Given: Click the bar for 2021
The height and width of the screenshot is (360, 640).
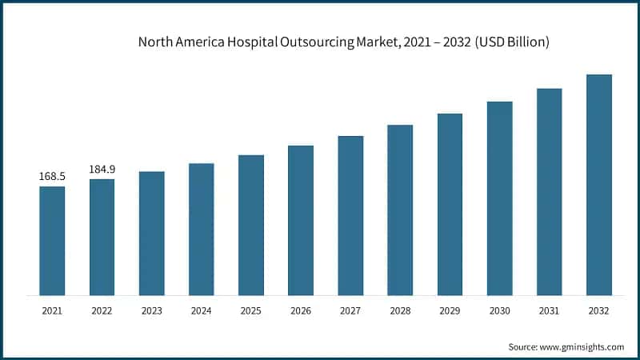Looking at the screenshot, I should [x=52, y=241].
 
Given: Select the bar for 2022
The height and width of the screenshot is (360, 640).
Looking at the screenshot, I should [x=102, y=237].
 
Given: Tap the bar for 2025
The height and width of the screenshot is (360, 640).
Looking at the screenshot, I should [x=251, y=225].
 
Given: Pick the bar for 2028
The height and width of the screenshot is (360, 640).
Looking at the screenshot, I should [x=400, y=210].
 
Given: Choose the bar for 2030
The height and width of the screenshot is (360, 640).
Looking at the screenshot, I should [x=499, y=198].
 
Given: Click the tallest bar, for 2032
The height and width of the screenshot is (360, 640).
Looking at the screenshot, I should [x=599, y=185].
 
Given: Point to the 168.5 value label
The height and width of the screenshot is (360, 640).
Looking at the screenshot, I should [x=52, y=176].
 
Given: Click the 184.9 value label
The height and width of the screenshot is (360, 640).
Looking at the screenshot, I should [x=102, y=169].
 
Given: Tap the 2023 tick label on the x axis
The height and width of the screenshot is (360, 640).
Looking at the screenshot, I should [x=151, y=310].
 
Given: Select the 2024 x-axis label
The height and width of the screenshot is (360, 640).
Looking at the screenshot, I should [x=201, y=310].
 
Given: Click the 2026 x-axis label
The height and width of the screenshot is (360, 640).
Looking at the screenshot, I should [x=301, y=310].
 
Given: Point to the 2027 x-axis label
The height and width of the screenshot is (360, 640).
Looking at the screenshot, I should [x=350, y=310].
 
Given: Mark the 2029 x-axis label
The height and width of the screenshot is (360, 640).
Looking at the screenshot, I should [x=450, y=310].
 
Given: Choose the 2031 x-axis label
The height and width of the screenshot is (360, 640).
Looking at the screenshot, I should [x=550, y=310].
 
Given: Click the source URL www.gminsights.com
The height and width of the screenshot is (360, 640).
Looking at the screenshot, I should [x=582, y=346].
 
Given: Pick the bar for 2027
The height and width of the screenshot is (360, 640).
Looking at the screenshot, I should [x=350, y=215].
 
